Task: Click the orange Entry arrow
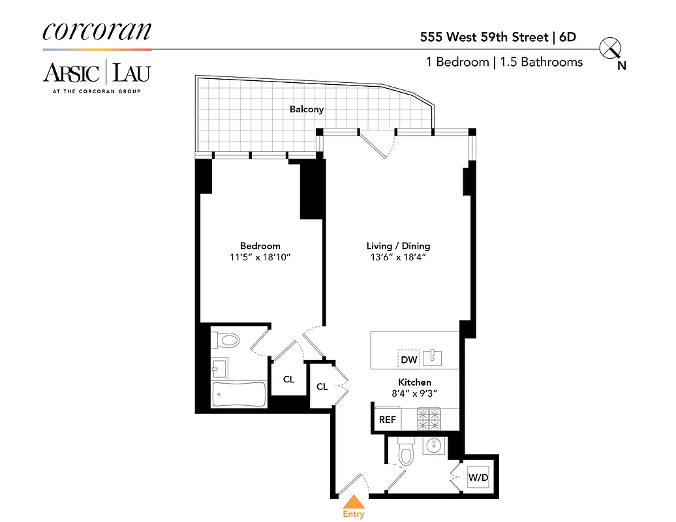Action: (x=354, y=502)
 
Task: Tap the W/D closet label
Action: (x=478, y=478)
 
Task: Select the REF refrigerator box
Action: (x=387, y=420)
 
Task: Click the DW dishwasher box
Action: (x=409, y=360)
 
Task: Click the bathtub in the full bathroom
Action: (x=239, y=394)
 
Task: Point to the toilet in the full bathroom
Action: (x=226, y=340)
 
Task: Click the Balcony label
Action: (x=307, y=109)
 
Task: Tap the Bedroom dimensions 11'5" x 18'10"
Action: (x=260, y=258)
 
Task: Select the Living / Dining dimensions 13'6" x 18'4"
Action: (x=398, y=258)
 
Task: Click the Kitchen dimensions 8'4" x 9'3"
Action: (x=414, y=393)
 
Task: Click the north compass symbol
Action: (x=611, y=49)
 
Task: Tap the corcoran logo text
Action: (x=97, y=31)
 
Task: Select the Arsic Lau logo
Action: (x=97, y=74)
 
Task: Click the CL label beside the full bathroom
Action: (x=288, y=379)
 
